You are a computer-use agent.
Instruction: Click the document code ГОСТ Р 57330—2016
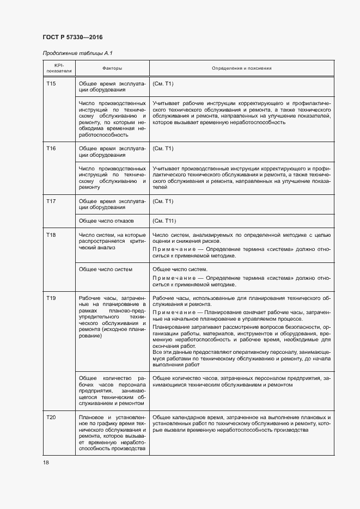72,37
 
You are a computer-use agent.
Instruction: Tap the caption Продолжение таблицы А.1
77,53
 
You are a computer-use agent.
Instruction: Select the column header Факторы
112,68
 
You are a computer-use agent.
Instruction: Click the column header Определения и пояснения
242,68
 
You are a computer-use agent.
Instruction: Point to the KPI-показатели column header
58,68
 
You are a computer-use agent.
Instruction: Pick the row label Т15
51,84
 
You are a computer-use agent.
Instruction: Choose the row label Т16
51,148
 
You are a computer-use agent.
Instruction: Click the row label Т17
51,201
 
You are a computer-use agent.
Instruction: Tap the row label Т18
51,234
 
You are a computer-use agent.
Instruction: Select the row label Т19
51,298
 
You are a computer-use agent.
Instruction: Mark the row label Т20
51,417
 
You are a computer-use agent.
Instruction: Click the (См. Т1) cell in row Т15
163,84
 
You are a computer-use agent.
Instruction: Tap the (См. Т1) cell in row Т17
163,201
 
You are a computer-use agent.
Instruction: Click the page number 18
46,462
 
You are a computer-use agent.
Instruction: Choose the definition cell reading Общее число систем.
180,269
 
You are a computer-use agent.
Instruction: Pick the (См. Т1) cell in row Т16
163,148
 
